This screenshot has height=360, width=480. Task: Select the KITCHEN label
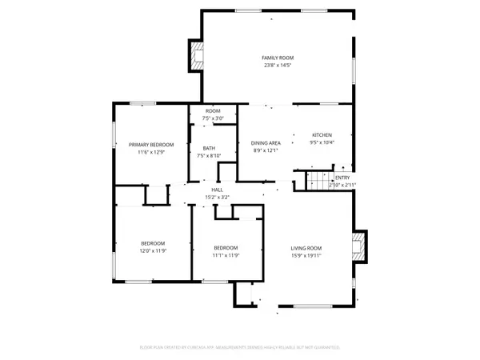(x=322, y=134)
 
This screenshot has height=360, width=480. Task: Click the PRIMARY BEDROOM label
(x=151, y=144)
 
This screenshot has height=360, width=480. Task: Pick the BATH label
(x=209, y=148)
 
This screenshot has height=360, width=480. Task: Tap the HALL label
(x=217, y=189)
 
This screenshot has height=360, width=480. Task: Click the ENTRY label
(x=342, y=178)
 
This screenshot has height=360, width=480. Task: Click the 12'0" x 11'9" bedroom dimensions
(x=153, y=251)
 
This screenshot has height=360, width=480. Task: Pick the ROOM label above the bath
(x=213, y=110)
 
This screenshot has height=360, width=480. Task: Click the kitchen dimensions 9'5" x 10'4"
(x=322, y=142)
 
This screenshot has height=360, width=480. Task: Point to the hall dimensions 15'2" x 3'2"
(x=217, y=197)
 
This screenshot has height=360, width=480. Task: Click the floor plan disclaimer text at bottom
(x=240, y=348)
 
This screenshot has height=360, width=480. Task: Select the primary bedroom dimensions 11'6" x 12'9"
(x=151, y=152)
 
